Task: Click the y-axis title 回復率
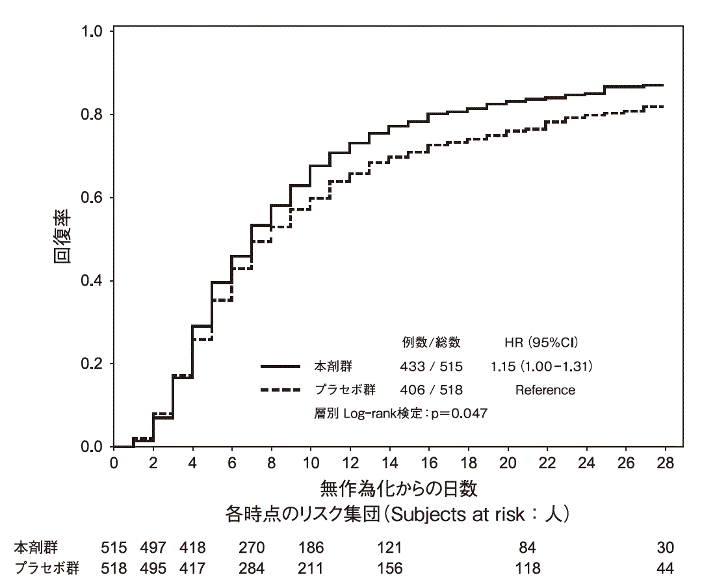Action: (62, 239)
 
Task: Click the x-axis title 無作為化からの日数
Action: (399, 488)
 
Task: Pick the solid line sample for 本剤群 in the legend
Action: (280, 367)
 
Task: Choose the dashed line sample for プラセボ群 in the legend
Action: (280, 390)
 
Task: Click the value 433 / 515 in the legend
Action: (432, 367)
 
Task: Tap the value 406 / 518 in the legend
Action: (432, 390)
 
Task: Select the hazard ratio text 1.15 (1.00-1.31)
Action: (541, 367)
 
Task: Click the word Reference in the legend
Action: (545, 390)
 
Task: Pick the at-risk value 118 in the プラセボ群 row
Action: (527, 568)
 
